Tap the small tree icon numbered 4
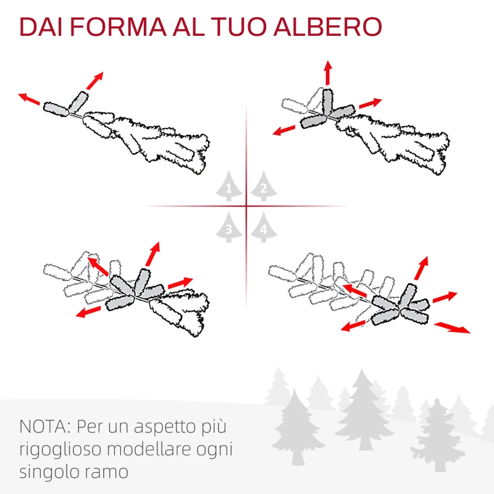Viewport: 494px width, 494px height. (x=263, y=227)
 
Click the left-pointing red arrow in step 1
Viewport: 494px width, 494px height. (x=30, y=99)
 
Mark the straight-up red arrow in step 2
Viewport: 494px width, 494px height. (x=327, y=73)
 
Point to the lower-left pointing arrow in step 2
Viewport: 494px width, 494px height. (x=284, y=130)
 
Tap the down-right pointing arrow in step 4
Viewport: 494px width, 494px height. (x=452, y=327)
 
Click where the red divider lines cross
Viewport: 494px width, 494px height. (x=246, y=206)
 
